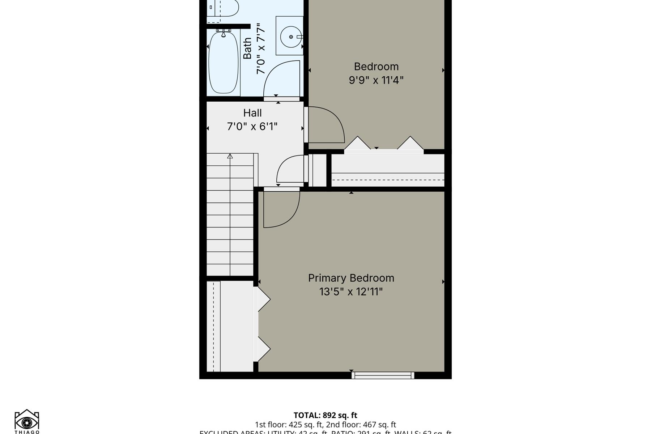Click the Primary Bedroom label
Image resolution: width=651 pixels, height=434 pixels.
351,278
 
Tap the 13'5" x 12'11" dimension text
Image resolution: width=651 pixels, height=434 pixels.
351,292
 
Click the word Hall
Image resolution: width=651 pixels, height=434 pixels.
252,113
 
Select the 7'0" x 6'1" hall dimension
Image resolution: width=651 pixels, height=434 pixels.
252,127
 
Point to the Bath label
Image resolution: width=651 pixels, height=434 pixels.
247,48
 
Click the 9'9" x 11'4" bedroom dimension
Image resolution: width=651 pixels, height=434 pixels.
376,80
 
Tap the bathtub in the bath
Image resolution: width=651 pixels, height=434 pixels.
224,62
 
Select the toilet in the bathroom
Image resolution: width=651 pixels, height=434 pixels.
226,8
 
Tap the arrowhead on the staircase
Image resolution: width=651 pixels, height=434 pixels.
230,156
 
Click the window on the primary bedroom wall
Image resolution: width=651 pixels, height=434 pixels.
383,375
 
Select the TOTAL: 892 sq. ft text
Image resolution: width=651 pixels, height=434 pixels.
325,415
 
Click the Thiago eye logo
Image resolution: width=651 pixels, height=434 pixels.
27,422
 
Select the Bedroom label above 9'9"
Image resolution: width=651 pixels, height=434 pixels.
376,67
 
